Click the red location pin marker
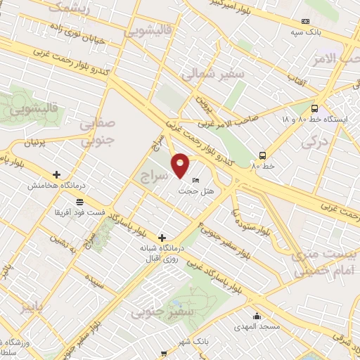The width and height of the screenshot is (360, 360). point(181,165)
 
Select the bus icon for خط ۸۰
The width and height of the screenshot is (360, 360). point(262,155)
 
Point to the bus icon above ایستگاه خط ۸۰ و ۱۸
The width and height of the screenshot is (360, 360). point(314,109)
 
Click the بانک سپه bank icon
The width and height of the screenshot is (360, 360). point(305,22)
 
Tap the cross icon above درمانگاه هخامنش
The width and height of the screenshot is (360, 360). point(56,174)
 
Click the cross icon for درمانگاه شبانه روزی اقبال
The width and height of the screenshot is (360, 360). point(162,238)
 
